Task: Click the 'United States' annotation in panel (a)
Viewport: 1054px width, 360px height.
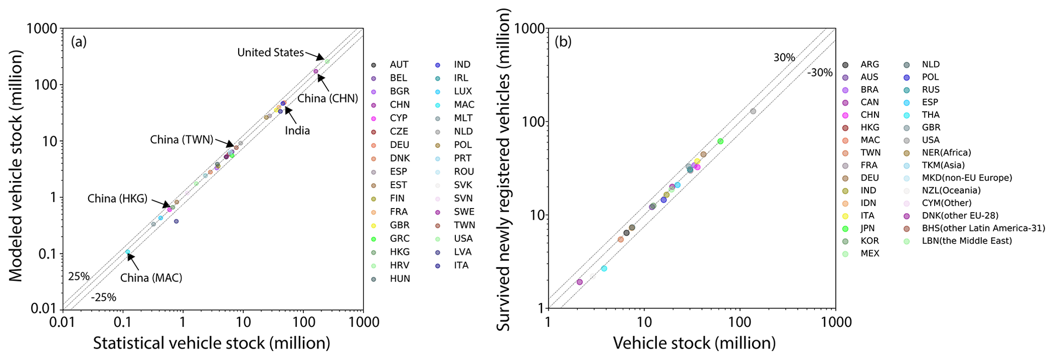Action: point(270,53)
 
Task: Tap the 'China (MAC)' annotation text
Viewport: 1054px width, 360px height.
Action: point(151,278)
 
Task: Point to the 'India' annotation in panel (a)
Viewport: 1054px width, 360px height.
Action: point(297,131)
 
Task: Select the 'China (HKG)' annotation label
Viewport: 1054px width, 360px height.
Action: point(117,199)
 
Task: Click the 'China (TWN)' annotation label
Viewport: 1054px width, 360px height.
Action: point(182,140)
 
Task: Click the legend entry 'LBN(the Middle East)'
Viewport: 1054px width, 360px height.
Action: point(961,241)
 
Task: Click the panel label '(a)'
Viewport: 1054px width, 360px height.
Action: point(79,42)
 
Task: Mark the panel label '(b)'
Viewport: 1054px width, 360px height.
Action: point(563,42)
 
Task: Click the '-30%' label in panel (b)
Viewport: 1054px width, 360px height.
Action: point(819,73)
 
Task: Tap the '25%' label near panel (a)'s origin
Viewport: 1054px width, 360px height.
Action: point(79,276)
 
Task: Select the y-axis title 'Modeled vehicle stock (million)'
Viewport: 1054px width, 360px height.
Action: point(16,166)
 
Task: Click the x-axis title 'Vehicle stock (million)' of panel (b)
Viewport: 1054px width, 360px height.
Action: point(694,343)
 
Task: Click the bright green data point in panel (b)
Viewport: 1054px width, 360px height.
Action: point(720,141)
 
